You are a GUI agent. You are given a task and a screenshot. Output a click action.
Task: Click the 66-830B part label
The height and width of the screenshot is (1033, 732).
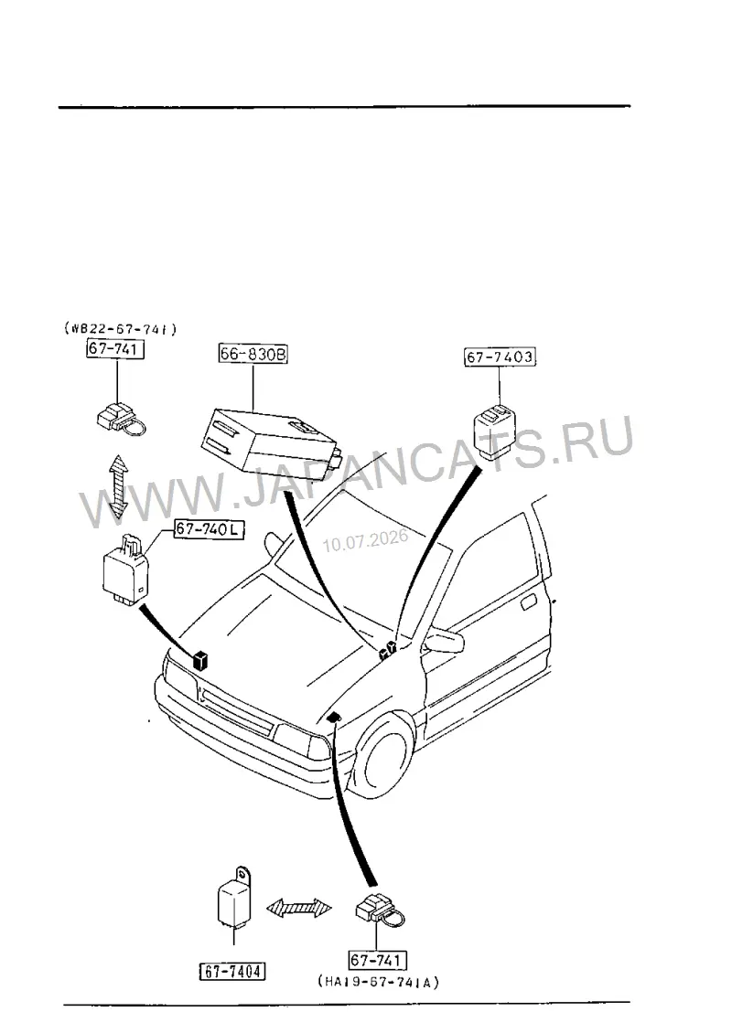[253, 355]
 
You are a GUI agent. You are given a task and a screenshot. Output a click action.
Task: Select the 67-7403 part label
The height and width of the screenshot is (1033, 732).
[500, 357]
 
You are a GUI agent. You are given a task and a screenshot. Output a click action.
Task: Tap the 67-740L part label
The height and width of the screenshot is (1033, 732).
[209, 529]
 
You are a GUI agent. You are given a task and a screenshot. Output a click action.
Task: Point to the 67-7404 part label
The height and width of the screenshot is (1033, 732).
[232, 971]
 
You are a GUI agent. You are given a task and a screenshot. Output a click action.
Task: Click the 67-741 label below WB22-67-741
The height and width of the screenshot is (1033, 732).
[115, 348]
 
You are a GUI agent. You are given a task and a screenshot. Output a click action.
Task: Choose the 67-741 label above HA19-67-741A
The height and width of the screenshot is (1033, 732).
[378, 960]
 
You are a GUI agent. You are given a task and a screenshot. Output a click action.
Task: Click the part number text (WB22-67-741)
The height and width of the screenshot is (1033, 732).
[121, 328]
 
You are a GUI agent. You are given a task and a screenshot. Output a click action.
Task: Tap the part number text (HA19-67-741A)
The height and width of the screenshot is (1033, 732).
[379, 983]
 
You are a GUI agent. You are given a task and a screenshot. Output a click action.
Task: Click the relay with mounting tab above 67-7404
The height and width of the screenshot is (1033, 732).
[235, 898]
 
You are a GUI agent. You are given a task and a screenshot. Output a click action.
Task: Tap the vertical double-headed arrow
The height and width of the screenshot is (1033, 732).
[119, 485]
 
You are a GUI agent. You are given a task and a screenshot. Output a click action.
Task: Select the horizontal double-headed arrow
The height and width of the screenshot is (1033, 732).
[299, 907]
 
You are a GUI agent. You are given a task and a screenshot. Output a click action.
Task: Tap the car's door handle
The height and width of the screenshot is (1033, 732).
[529, 602]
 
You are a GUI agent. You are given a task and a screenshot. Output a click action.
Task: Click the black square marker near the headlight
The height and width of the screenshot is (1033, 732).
[200, 659]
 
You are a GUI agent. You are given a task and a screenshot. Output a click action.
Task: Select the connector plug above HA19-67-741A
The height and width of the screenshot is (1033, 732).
[380, 911]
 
